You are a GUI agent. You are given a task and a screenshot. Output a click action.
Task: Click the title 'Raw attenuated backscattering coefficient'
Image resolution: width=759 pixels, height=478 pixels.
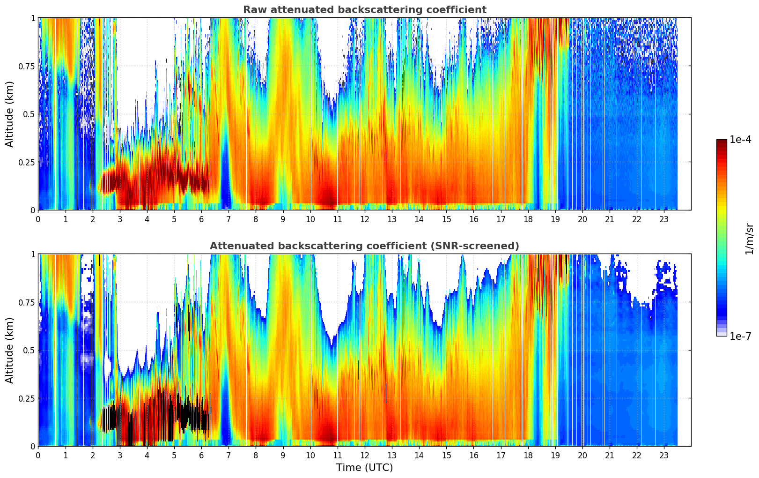pos(364,10)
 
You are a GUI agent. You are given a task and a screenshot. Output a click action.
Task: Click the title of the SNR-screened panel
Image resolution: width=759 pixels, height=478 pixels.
pos(364,246)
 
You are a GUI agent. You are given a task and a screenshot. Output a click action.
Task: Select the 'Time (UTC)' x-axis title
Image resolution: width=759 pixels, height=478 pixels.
pos(364,468)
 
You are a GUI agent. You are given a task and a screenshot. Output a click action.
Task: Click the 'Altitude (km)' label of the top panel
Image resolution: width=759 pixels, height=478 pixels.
pos(10,114)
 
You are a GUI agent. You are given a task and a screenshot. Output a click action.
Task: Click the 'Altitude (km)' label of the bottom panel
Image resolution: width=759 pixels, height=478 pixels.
pos(10,350)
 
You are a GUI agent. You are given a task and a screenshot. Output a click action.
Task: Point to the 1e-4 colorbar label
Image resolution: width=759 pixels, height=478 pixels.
pos(740,140)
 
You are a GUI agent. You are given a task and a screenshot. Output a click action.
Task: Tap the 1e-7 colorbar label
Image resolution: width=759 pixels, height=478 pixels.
pos(740,336)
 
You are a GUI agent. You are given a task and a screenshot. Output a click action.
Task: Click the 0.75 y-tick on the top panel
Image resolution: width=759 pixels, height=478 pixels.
pos(27,66)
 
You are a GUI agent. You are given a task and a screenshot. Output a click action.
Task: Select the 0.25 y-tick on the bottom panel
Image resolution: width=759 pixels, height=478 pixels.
pos(27,398)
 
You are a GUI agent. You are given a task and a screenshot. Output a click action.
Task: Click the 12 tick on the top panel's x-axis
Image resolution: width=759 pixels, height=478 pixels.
pos(365,219)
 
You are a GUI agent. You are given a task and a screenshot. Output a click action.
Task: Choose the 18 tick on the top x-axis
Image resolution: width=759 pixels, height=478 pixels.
pos(528,219)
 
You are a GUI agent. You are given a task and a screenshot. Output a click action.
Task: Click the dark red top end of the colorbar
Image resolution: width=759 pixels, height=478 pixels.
pos(722,142)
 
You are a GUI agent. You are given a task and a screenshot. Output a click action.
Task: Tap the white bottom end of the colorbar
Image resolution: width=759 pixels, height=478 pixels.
pos(722,334)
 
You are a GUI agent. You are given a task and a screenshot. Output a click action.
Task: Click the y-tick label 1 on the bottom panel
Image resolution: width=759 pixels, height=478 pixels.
pos(33,254)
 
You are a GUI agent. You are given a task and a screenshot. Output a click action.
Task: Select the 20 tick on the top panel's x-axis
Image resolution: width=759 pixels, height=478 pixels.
pos(582,219)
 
